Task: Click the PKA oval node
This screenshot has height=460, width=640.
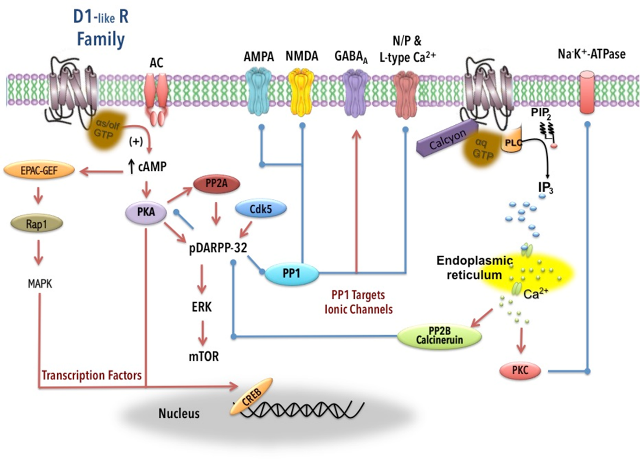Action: pyautogui.click(x=146, y=212)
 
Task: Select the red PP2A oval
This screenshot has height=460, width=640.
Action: pyautogui.click(x=217, y=184)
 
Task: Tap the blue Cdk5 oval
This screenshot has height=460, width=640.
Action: pyautogui.click(x=260, y=209)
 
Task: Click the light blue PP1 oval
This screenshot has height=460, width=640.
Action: pyautogui.click(x=291, y=273)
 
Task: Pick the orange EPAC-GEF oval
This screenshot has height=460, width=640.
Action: pyautogui.click(x=39, y=170)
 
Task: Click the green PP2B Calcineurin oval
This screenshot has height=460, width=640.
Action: pyautogui.click(x=439, y=335)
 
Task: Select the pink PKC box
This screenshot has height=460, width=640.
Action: pyautogui.click(x=520, y=371)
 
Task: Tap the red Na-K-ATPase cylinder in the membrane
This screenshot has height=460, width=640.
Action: pyautogui.click(x=587, y=92)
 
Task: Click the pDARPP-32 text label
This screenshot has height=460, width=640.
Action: pyautogui.click(x=218, y=248)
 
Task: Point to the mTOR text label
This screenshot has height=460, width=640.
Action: pyautogui.click(x=204, y=356)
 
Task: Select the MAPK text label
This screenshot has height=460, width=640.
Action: pyautogui.click(x=40, y=284)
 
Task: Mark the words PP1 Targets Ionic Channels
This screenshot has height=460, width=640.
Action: pyautogui.click(x=358, y=302)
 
